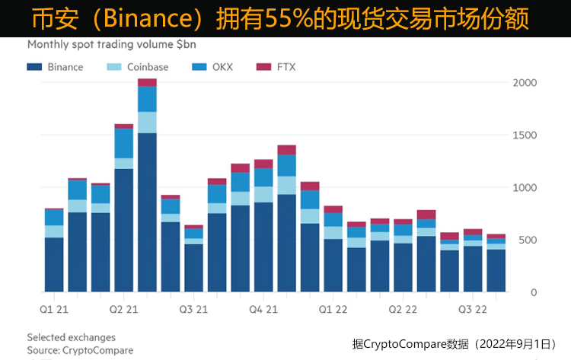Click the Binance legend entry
(56, 67)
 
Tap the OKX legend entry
(218, 67)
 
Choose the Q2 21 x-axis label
(123, 309)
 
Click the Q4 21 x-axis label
(264, 309)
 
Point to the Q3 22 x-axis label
(473, 309)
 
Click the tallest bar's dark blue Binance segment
(147, 213)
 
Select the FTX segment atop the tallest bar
(147, 82)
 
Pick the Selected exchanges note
(71, 337)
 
